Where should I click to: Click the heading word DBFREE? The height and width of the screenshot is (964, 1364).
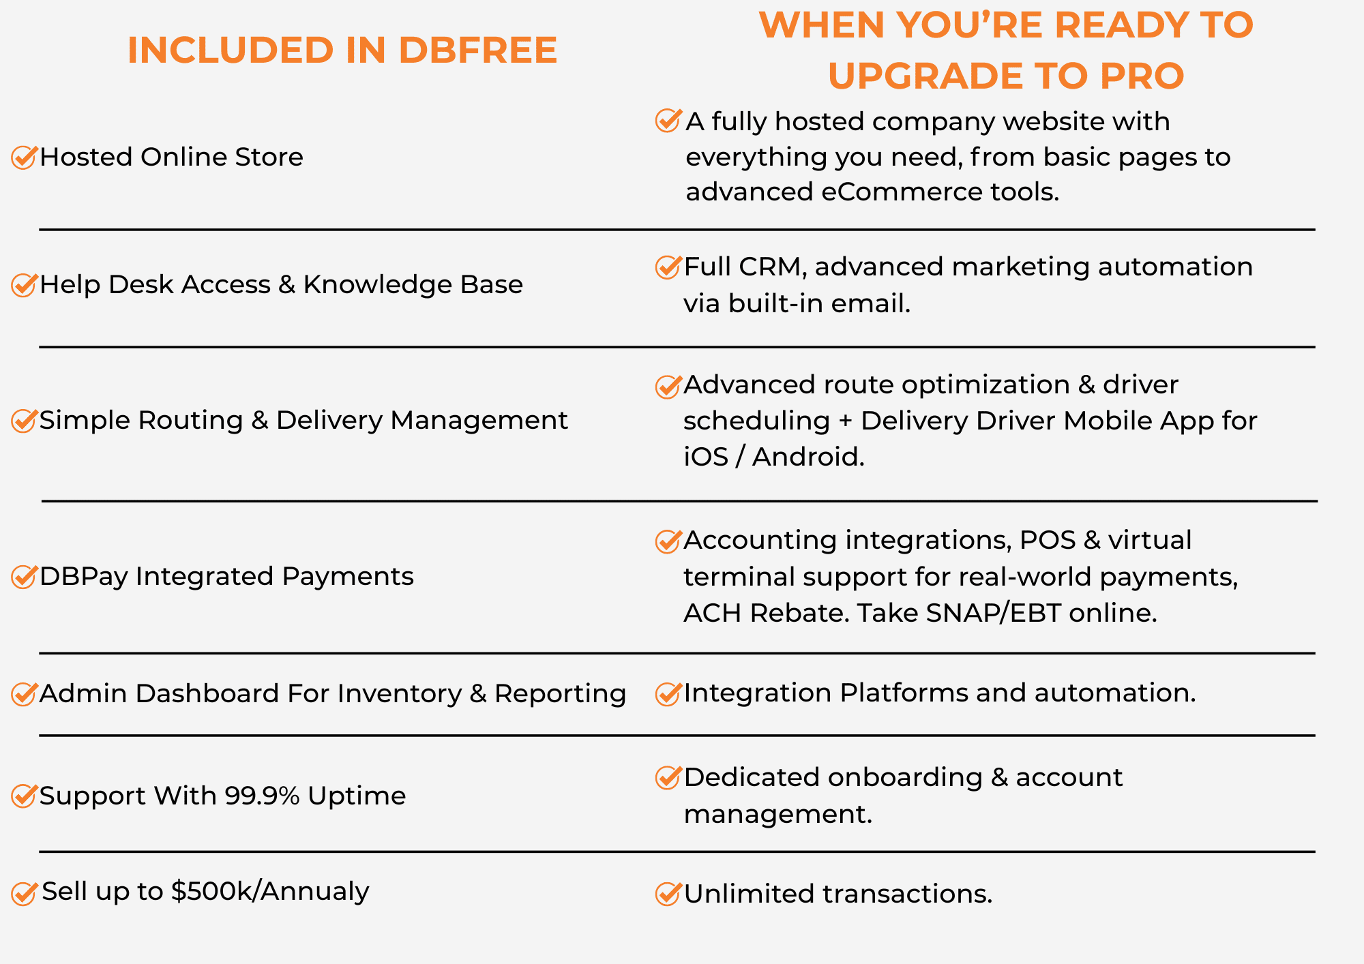click(477, 50)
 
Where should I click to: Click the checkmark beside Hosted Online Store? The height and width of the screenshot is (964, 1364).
click(24, 157)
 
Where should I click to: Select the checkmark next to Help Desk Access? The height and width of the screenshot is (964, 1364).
click(24, 284)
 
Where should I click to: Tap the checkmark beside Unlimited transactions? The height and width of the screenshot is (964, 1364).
click(668, 893)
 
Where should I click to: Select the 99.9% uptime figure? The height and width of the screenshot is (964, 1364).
click(262, 796)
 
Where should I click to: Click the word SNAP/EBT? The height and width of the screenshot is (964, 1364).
click(994, 613)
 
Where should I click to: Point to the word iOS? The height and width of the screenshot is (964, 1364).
click(706, 457)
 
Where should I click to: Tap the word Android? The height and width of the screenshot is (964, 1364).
click(808, 457)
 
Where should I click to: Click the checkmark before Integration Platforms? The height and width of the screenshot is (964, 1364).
click(668, 693)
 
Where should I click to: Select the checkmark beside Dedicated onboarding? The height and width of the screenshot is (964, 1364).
click(668, 777)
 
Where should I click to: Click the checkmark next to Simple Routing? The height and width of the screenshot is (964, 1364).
click(24, 421)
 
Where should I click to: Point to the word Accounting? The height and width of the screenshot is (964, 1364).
click(760, 541)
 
